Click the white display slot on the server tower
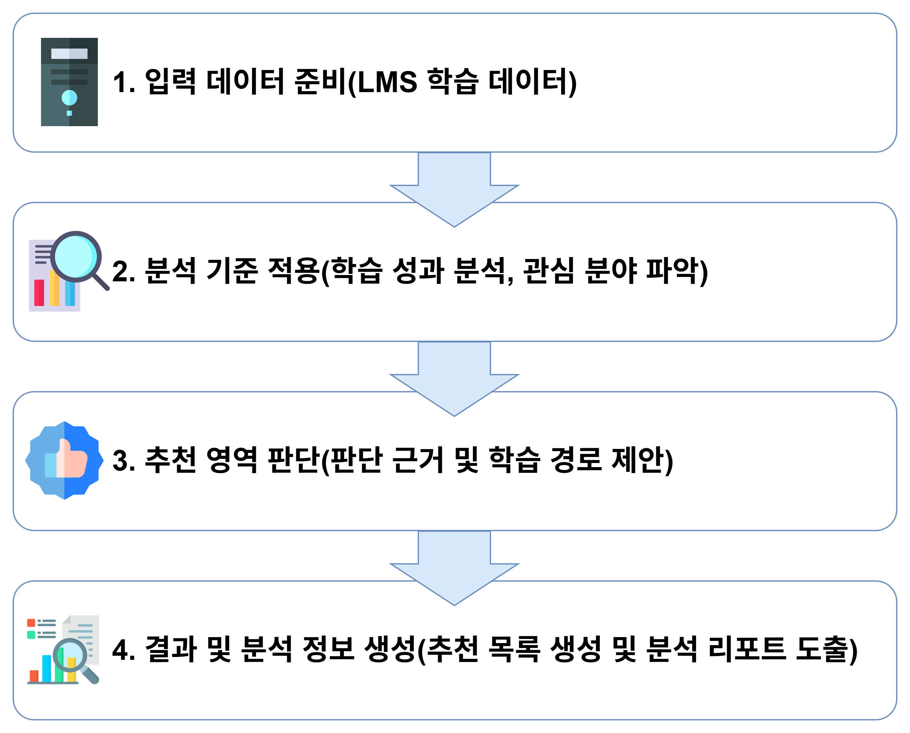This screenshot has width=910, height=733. click(69, 54)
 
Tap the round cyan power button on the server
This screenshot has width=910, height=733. click(69, 97)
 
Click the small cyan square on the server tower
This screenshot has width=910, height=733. click(69, 113)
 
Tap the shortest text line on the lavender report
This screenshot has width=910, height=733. click(41, 263)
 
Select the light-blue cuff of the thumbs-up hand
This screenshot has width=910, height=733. click(50, 465)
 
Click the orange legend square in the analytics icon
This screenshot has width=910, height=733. click(31, 623)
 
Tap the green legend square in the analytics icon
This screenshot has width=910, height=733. click(31, 635)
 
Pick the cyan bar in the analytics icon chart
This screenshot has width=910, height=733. click(46, 668)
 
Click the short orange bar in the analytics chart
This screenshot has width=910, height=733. click(34, 676)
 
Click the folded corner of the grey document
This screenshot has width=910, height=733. click(66, 619)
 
